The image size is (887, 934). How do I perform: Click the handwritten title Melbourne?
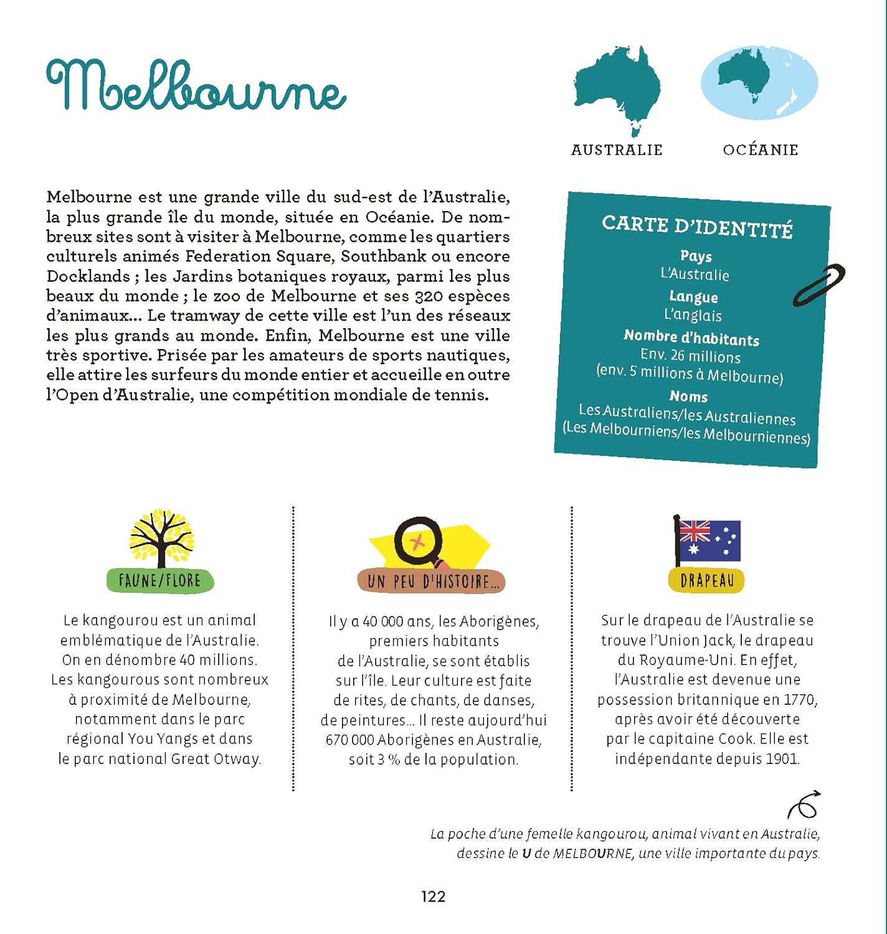click(x=196, y=87)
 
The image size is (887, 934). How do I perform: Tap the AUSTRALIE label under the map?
click(x=617, y=150)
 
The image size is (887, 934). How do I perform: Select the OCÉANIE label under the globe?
click(x=761, y=150)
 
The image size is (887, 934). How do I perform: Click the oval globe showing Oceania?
click(x=759, y=83)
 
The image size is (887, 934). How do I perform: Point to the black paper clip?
click(x=818, y=285)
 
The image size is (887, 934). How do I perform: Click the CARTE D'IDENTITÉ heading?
click(x=697, y=227)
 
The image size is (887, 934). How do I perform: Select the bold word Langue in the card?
click(x=693, y=297)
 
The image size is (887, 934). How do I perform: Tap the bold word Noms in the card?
click(x=688, y=396)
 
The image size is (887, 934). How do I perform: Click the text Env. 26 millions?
click(x=690, y=356)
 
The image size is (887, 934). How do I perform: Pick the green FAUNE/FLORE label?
click(x=160, y=580)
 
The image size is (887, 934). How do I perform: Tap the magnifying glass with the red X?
click(x=419, y=542)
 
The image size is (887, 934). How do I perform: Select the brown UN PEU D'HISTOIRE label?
click(x=431, y=582)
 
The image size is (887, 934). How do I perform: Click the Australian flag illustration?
click(x=708, y=540)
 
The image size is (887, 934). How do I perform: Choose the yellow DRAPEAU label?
click(x=707, y=580)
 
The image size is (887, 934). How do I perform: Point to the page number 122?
click(x=434, y=896)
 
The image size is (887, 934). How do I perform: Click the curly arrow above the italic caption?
click(x=804, y=805)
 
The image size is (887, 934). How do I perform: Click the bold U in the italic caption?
click(x=526, y=854)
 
